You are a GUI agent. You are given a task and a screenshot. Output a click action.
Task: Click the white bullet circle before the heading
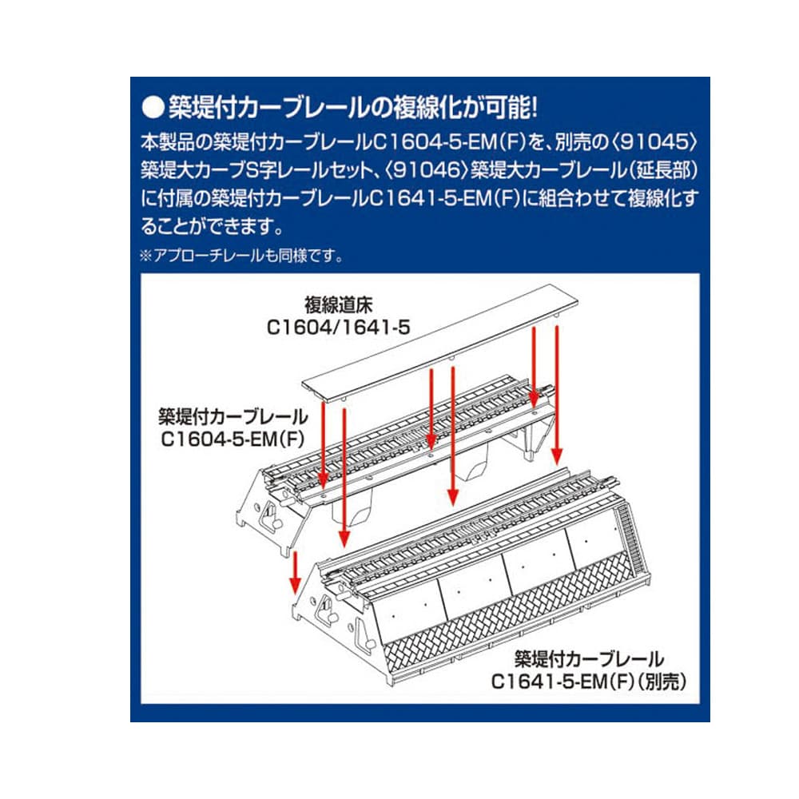click(x=153, y=108)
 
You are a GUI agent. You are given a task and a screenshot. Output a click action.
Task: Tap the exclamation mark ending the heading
click(x=534, y=108)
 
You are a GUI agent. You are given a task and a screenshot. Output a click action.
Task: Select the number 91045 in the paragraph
click(x=654, y=142)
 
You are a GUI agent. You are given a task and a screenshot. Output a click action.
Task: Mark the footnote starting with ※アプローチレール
click(x=241, y=255)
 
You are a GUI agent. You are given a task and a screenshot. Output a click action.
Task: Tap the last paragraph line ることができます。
click(x=213, y=226)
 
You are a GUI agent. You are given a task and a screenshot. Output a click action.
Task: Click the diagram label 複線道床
click(x=338, y=304)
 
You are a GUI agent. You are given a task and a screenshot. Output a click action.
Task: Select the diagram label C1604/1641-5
click(x=338, y=327)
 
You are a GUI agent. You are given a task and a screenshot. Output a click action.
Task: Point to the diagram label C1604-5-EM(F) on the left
click(x=233, y=439)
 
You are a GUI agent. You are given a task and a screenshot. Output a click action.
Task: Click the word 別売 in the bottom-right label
click(x=662, y=682)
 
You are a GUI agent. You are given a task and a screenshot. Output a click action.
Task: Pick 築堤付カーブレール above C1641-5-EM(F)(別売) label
click(x=589, y=659)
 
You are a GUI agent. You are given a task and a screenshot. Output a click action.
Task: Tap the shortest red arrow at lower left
click(x=294, y=572)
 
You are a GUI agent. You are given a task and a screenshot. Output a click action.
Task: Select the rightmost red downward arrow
click(x=557, y=396)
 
